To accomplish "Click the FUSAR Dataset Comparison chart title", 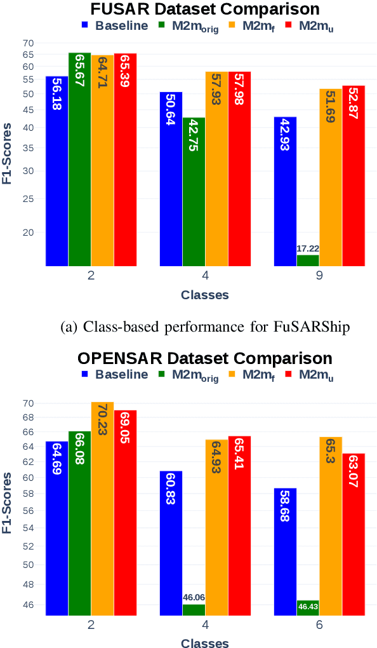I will (x=205, y=9).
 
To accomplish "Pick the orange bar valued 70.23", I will (x=102, y=508).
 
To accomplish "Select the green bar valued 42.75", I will (x=194, y=191).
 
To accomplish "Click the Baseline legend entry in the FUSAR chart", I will (x=115, y=26).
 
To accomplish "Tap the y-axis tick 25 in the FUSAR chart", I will (x=29, y=198).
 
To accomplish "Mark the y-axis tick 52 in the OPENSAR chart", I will (x=29, y=546).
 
